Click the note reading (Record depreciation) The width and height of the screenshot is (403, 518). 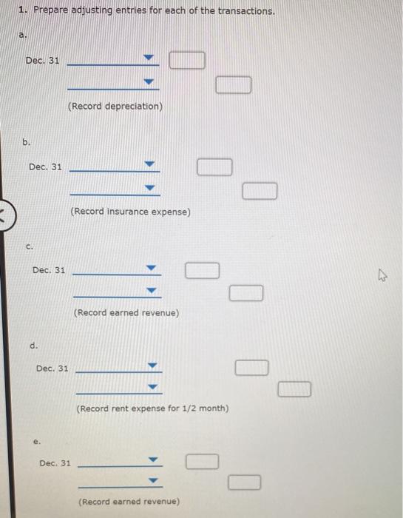pos(115,107)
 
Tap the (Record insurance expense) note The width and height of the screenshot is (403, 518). pos(131,212)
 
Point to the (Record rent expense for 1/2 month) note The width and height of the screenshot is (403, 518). pos(152,408)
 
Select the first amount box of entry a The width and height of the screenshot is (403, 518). pos(187,59)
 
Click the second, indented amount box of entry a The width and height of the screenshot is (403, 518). pos(234,86)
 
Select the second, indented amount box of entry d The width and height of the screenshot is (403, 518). pos(294,389)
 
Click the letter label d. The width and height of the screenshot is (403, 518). pos(34,346)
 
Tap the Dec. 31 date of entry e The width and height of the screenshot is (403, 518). pos(55,463)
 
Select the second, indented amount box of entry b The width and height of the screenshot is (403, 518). pos(260,192)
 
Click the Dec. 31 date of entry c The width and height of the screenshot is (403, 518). pos(50,270)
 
